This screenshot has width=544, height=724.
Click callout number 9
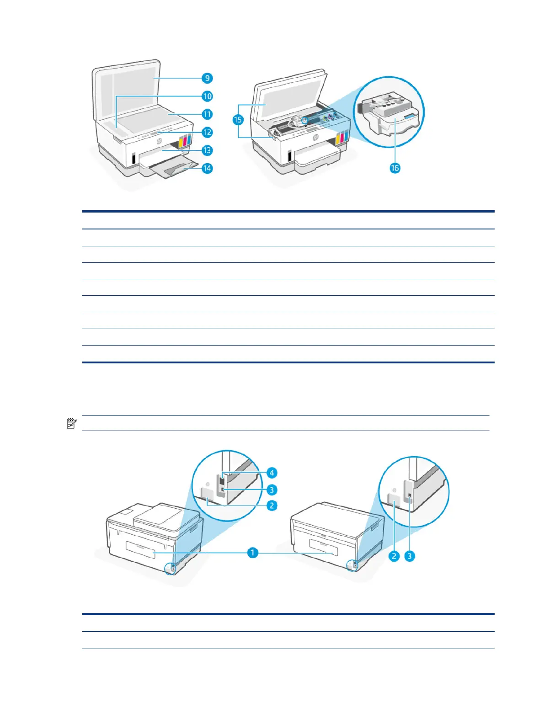pyautogui.click(x=207, y=78)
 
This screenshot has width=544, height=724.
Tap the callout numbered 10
pyautogui.click(x=207, y=96)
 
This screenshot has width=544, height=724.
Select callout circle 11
pyautogui.click(x=207, y=114)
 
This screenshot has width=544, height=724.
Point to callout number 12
pyautogui.click(x=207, y=132)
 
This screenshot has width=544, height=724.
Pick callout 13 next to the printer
pyautogui.click(x=207, y=150)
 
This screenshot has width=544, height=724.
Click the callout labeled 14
pyautogui.click(x=207, y=168)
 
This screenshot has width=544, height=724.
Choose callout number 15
pyautogui.click(x=238, y=120)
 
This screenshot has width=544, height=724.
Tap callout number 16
pyautogui.click(x=395, y=168)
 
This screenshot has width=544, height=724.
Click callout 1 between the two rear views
pyautogui.click(x=252, y=553)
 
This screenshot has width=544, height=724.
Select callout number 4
pyautogui.click(x=272, y=473)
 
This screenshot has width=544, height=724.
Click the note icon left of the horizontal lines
pyautogui.click(x=72, y=423)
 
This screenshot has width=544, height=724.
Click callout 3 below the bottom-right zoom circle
pyautogui.click(x=410, y=556)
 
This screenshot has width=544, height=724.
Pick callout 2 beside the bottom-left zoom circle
pyautogui.click(x=272, y=506)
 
